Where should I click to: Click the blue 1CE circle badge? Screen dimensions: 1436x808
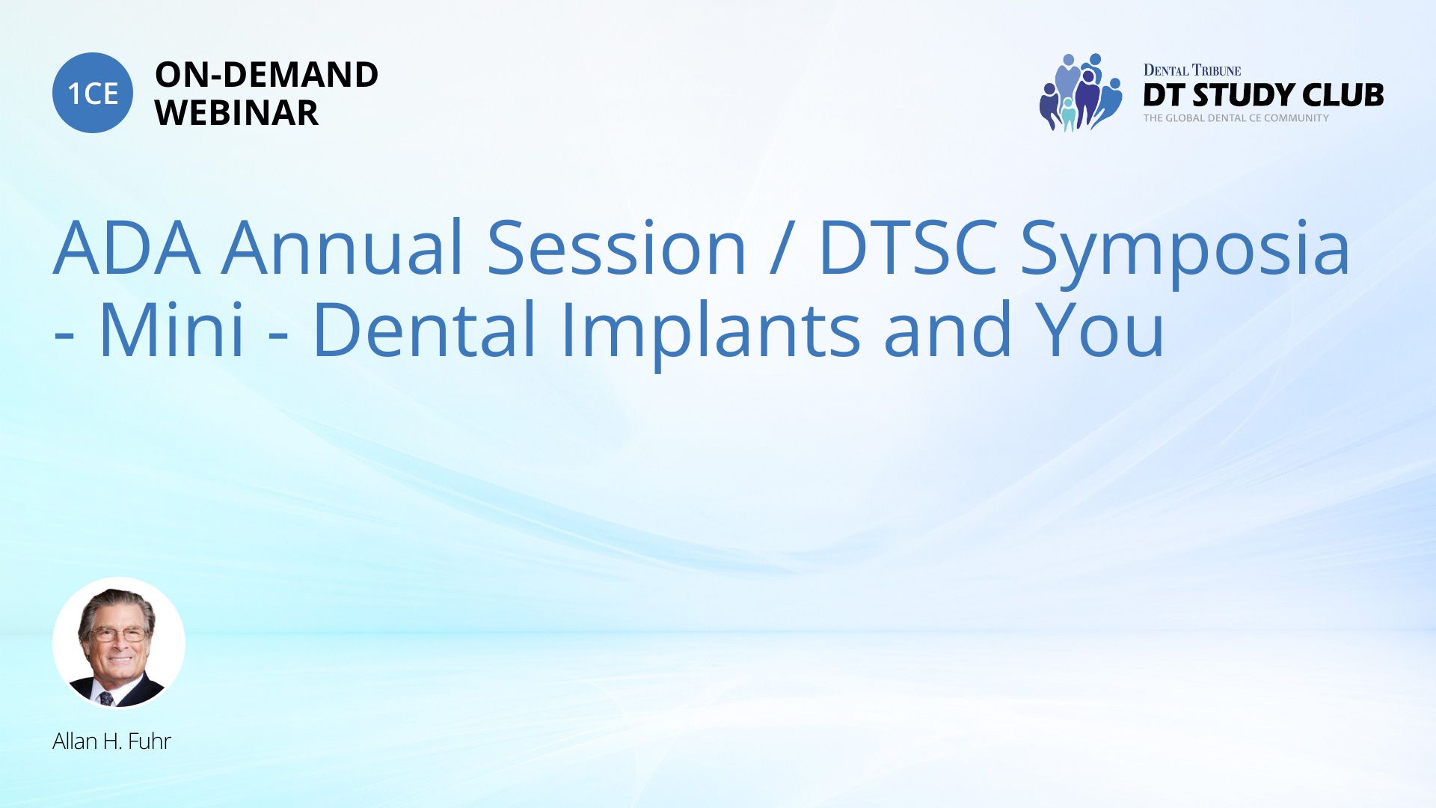93,93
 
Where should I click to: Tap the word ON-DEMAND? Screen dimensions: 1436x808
266,75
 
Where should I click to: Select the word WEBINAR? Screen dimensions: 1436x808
236,113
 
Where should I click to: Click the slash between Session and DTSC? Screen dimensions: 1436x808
782,247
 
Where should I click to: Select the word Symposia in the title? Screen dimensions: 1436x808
1185,253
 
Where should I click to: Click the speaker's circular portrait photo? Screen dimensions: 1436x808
119,643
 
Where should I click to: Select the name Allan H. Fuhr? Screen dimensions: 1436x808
111,741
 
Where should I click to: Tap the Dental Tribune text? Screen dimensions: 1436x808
1192,70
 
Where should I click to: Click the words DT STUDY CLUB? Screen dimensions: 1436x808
1263,95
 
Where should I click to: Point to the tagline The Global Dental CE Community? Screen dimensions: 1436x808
1236,118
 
